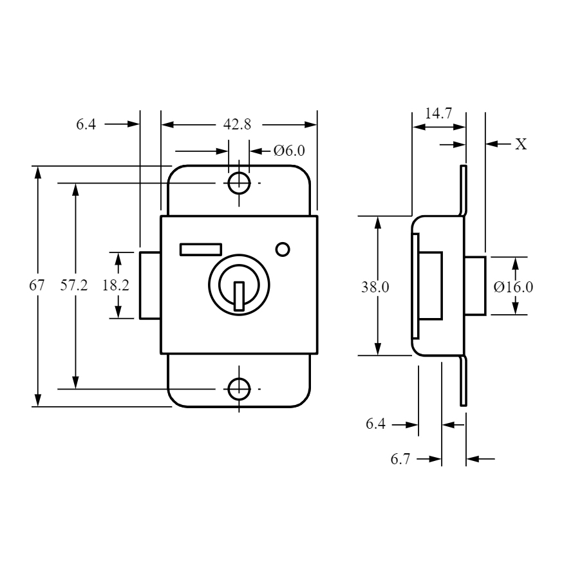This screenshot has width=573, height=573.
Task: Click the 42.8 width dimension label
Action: point(237,125)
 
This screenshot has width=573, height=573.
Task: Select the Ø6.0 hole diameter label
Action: point(289,151)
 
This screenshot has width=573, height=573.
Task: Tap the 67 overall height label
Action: point(37,285)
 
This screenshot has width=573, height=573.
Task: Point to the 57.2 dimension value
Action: point(74,285)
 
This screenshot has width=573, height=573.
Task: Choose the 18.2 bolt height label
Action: point(115,285)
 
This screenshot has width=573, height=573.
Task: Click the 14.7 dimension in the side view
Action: point(438,113)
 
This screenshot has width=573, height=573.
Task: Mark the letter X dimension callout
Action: point(521,144)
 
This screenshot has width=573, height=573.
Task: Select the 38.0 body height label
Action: point(375,287)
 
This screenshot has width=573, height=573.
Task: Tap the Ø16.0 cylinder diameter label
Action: point(513,287)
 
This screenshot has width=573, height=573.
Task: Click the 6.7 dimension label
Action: point(400,459)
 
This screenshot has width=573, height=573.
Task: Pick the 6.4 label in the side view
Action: point(375,424)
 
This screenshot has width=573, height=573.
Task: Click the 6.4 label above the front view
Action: point(86,124)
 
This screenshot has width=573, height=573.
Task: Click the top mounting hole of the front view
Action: point(239,183)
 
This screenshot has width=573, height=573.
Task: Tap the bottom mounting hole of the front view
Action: point(239,389)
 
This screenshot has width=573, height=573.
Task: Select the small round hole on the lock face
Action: point(283,250)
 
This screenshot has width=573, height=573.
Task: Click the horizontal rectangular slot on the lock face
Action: point(201,249)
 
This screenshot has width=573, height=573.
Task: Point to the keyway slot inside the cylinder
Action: point(239,296)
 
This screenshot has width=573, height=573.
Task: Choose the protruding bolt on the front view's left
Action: point(150,285)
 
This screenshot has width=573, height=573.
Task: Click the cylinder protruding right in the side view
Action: point(475,286)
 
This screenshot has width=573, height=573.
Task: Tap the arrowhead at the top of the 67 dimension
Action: point(37,172)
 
